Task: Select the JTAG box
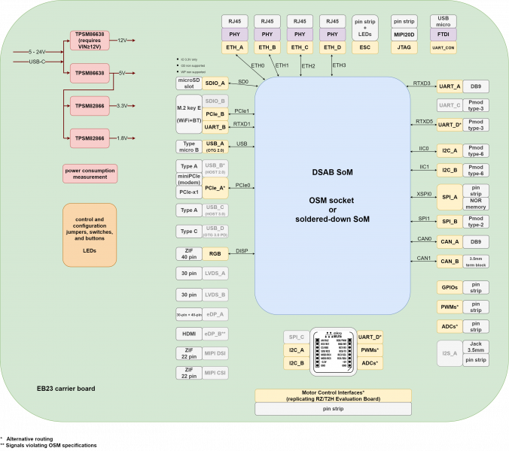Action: (406, 47)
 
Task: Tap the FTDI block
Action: (443, 35)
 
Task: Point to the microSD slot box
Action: (187, 83)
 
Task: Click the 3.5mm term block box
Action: (476, 262)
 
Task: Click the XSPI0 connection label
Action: (425, 193)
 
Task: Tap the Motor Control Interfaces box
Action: (333, 395)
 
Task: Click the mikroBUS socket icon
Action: (334, 350)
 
